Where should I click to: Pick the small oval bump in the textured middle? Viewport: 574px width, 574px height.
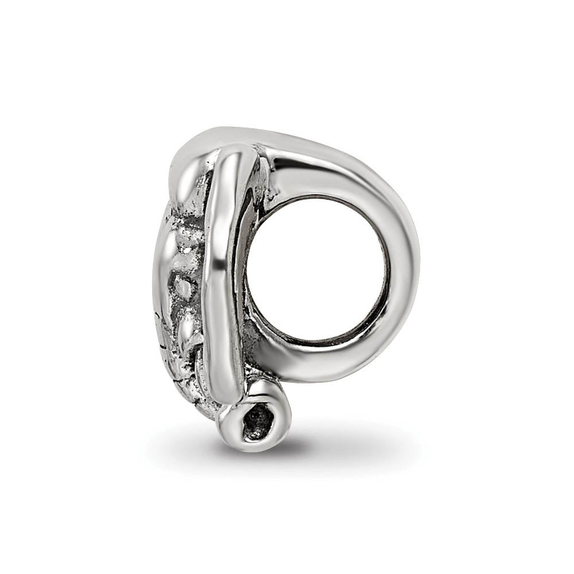184,287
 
